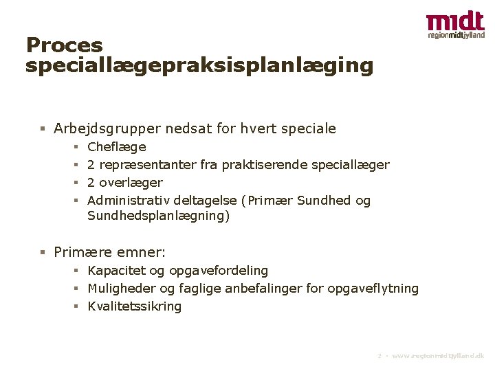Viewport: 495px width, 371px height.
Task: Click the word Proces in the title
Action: (64, 46)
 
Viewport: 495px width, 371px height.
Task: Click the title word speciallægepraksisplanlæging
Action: (199, 66)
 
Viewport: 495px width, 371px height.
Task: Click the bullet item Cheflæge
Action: (117, 147)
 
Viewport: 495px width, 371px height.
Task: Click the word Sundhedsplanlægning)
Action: (159, 216)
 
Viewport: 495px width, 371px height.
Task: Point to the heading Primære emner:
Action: (109, 252)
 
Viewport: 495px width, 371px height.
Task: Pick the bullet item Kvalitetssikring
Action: (135, 306)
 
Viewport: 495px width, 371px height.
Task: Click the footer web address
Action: (438, 356)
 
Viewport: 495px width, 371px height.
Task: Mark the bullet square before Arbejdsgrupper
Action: (43, 128)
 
